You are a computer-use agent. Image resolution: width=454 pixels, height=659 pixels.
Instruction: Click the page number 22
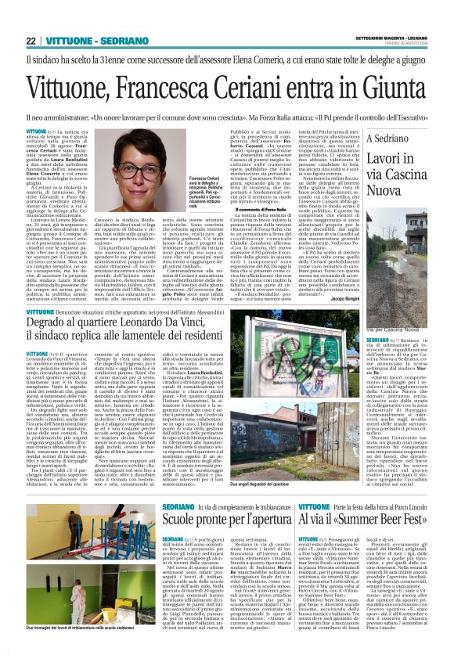click(31, 41)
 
